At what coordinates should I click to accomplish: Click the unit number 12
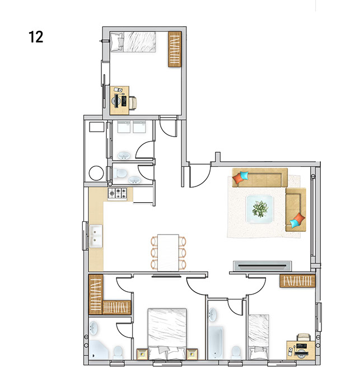(x=36, y=37)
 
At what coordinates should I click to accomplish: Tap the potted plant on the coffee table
(x=260, y=209)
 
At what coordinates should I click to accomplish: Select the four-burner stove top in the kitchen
(x=118, y=193)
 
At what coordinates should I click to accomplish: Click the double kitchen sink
(x=96, y=236)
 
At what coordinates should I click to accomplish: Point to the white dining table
(x=168, y=253)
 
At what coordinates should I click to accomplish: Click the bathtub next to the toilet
(x=216, y=342)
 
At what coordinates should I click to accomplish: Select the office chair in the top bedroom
(x=133, y=102)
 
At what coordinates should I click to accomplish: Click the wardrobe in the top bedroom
(x=175, y=49)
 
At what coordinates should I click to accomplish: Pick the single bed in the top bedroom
(x=133, y=41)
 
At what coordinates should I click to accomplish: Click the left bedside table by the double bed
(x=142, y=354)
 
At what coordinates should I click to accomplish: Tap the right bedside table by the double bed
(x=192, y=354)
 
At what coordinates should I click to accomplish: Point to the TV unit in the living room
(x=262, y=266)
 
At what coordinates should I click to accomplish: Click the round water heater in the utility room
(x=96, y=173)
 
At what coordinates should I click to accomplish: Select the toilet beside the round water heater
(x=120, y=173)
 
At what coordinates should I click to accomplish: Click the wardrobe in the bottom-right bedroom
(x=297, y=281)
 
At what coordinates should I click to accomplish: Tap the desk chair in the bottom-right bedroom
(x=303, y=337)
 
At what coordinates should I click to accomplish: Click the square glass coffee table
(x=260, y=209)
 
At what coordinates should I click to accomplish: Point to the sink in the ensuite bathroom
(x=93, y=328)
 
